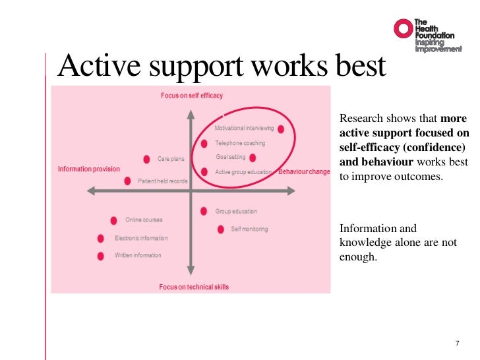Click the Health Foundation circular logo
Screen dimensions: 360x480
pos(403,28)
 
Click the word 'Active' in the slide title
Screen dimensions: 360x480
pos(98,67)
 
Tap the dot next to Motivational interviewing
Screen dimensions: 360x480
pos(281,129)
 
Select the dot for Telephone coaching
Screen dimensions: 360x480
pos(204,143)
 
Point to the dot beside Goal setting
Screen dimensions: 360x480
pos(253,158)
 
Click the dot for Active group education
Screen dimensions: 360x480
pos(204,172)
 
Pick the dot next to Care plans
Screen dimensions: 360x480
pos(146,159)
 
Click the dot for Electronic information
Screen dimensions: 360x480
pos(101,239)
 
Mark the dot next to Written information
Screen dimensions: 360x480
pos(101,256)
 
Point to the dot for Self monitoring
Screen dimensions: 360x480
pos(220,229)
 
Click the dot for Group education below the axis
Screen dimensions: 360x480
pos(204,212)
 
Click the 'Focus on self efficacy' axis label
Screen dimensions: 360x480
pos(192,96)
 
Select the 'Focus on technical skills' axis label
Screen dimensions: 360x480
pos(194,287)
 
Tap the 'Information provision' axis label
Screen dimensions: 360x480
pos(89,169)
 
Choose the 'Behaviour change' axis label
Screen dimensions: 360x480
pos(304,172)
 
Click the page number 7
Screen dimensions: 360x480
pos(458,343)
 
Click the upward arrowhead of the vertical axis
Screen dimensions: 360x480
pos(191,113)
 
